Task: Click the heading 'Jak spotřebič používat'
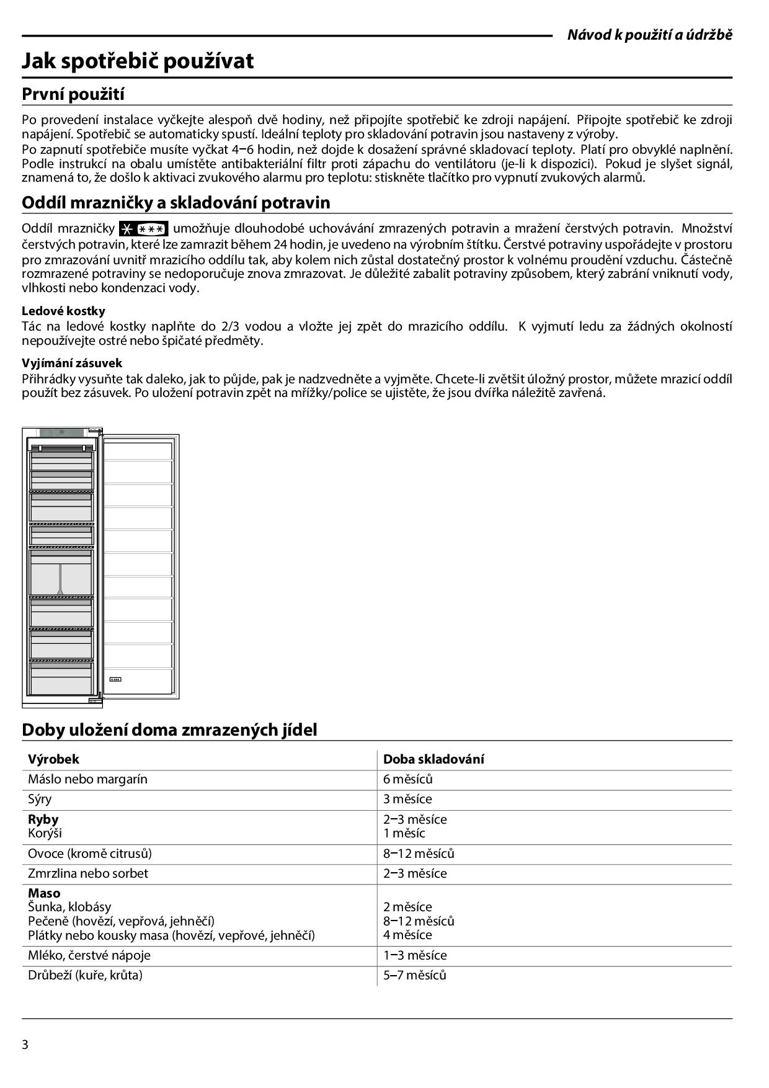point(138,61)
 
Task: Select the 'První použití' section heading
point(73,94)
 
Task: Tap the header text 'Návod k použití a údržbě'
point(649,35)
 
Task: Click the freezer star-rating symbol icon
point(143,228)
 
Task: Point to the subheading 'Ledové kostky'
point(63,311)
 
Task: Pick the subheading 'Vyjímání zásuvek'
point(72,363)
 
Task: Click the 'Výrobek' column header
point(53,759)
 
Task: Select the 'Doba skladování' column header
point(433,759)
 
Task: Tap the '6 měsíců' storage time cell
point(407,779)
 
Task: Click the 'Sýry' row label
point(40,799)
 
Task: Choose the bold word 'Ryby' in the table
point(43,819)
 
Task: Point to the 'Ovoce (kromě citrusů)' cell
point(89,853)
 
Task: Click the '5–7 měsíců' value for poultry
point(414,974)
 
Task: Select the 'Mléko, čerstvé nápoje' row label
point(89,955)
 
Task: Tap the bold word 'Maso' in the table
point(44,893)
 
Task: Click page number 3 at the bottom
point(25,1045)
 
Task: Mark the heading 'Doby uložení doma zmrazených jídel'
point(169,729)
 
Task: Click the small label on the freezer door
point(115,679)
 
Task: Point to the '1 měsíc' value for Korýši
point(404,833)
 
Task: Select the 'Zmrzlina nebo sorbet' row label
point(87,873)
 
